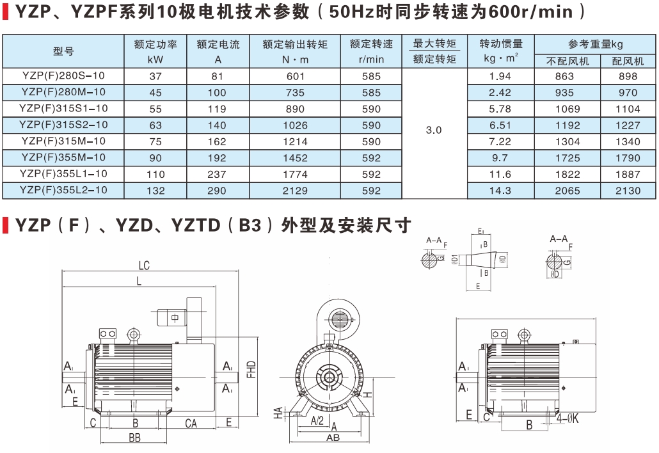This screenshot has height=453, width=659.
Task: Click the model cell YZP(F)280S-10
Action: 63,75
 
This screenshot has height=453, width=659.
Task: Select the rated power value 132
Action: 155,190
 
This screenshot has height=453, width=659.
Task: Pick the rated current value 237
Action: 218,174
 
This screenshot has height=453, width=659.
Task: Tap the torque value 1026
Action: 295,125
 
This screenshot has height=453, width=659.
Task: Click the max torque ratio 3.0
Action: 434,130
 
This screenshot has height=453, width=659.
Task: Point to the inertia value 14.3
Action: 500,190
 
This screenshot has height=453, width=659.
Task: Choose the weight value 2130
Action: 628,190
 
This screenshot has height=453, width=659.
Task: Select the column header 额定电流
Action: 218,45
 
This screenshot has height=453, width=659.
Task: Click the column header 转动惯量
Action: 500,44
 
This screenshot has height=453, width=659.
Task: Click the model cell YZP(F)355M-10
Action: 63,157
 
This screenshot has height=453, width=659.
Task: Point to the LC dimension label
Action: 144,266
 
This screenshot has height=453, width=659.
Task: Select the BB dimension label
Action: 135,438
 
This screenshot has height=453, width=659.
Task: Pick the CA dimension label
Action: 191,423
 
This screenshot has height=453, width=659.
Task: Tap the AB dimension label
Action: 333,438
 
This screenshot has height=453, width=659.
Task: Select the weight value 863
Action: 564,75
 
